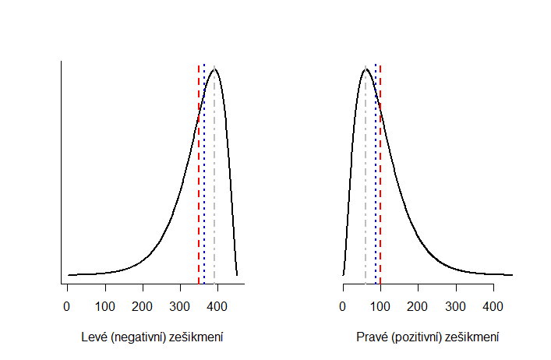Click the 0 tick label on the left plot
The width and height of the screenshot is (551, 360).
pyautogui.click(x=67, y=308)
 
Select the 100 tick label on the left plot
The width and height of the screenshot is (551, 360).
pyautogui.click(x=105, y=308)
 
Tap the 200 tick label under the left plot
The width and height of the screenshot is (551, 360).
pyautogui.click(x=143, y=308)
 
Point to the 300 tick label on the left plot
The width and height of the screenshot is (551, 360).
pyautogui.click(x=180, y=308)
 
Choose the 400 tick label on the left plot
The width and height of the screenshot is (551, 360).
pyautogui.click(x=218, y=308)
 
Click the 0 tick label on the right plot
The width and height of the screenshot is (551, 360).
pyautogui.click(x=343, y=308)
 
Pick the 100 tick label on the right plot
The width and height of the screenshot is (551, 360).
pyautogui.click(x=380, y=308)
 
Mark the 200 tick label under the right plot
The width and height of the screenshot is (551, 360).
pyautogui.click(x=418, y=308)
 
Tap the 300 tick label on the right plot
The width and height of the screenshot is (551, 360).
pyautogui.click(x=456, y=308)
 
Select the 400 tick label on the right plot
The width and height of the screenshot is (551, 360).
pyautogui.click(x=493, y=308)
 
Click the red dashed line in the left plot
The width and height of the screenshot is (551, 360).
pyautogui.click(x=199, y=195)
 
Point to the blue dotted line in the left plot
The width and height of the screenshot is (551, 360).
pyautogui.click(x=204, y=195)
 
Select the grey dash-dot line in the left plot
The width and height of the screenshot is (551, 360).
pyautogui.click(x=214, y=195)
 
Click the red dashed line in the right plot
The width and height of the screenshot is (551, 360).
pyautogui.click(x=380, y=195)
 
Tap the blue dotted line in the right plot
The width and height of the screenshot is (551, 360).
pyautogui.click(x=376, y=195)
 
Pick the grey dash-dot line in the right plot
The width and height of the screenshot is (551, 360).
pyautogui.click(x=365, y=195)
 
